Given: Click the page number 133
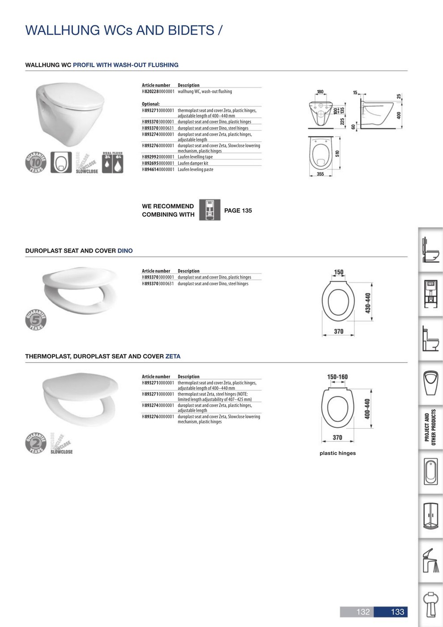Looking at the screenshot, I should tap(397, 612).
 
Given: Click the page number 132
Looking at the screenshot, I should tap(363, 612).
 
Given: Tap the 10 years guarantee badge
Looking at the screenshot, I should tap(36, 162).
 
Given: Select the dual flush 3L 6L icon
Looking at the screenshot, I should tap(112, 162).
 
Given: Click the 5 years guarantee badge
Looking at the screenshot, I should tap(36, 319).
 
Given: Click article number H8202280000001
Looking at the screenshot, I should tap(158, 91).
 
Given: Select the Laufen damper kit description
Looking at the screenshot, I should tap(193, 163).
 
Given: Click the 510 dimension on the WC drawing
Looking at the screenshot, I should tap(337, 154).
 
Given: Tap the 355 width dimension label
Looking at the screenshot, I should tap(320, 174).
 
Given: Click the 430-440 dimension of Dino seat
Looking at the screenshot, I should tap(368, 303).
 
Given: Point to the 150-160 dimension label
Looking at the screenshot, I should tap(337, 377).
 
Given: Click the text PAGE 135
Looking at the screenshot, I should tap(238, 210).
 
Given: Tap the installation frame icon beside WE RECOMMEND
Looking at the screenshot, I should tap(209, 210).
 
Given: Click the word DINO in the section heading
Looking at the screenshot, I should tap(125, 251).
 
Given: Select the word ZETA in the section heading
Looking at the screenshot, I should tap(173, 356).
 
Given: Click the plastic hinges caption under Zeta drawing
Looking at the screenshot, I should tap(337, 453).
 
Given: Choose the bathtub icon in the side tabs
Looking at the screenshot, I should tap(430, 472).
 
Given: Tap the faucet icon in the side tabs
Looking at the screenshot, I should tap(430, 560).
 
